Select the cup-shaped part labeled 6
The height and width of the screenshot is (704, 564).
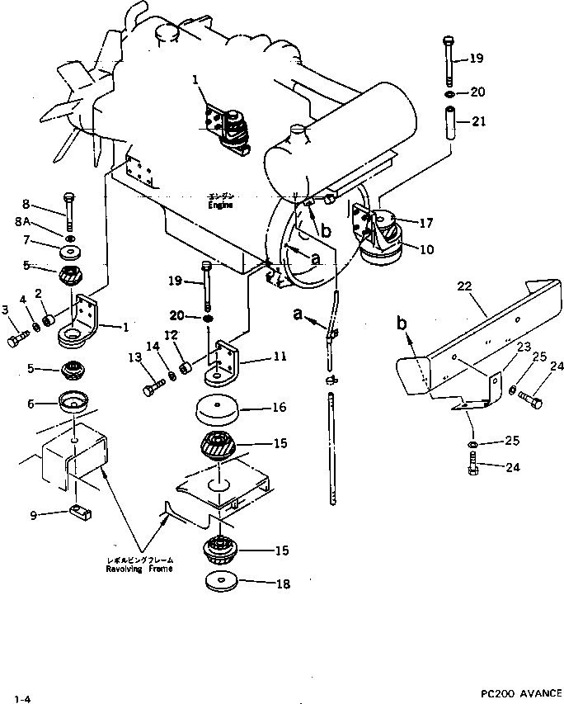76,404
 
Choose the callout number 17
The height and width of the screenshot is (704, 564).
425,222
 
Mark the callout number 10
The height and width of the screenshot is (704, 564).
425,248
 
